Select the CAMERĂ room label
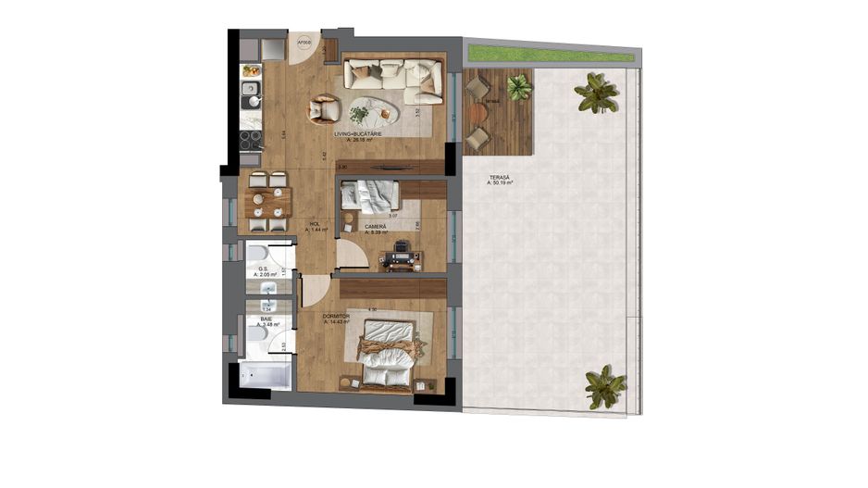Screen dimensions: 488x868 (x=375, y=227)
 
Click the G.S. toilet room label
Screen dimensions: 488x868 (x=263, y=269)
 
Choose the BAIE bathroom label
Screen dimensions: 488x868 (x=266, y=319)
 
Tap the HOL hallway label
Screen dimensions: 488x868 (x=314, y=223)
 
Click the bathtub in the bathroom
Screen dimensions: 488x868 (x=265, y=376)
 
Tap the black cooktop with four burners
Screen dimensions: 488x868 (x=250, y=139)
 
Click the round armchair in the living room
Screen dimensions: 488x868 (x=324, y=110)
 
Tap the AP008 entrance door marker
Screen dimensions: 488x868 (x=303, y=43)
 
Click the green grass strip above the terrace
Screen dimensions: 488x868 (x=550, y=54)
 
